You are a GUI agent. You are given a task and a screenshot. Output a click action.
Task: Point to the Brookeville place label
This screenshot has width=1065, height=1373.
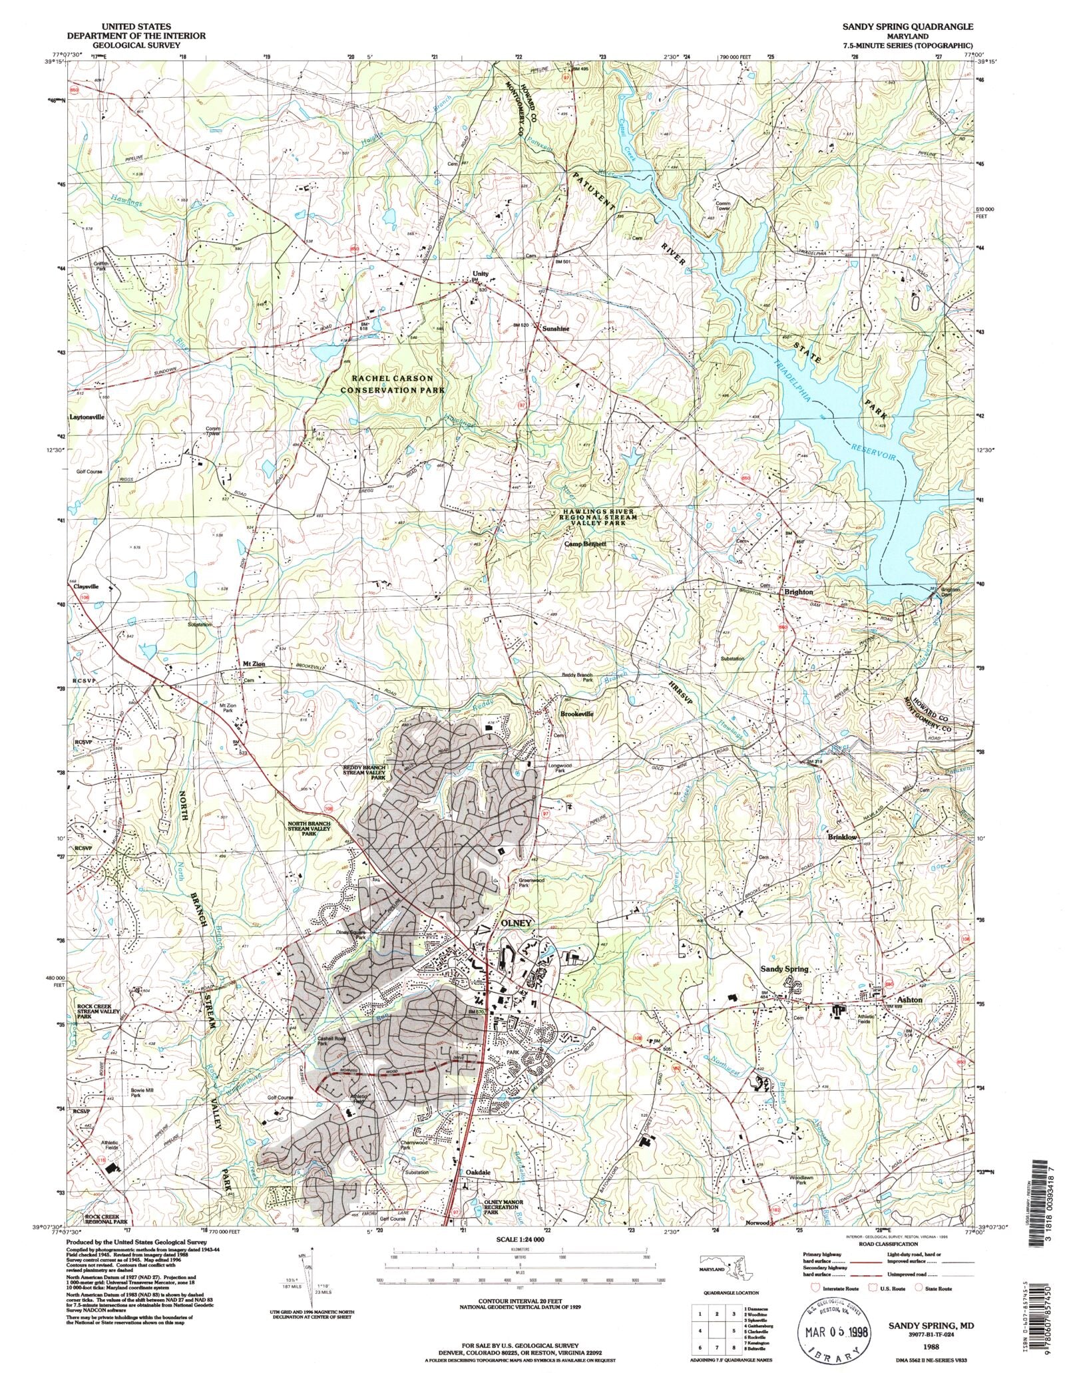[576, 713]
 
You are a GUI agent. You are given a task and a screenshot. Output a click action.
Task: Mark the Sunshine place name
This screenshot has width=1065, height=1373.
[556, 329]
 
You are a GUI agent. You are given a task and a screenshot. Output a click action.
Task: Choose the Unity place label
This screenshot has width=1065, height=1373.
[480, 274]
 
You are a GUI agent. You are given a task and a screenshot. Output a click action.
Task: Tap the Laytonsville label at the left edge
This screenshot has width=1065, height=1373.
[87, 417]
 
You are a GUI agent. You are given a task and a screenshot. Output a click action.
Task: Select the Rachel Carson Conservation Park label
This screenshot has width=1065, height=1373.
[393, 384]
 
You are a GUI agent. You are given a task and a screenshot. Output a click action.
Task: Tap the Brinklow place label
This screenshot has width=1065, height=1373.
[842, 837]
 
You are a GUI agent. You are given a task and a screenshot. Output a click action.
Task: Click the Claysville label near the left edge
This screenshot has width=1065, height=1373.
[85, 586]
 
